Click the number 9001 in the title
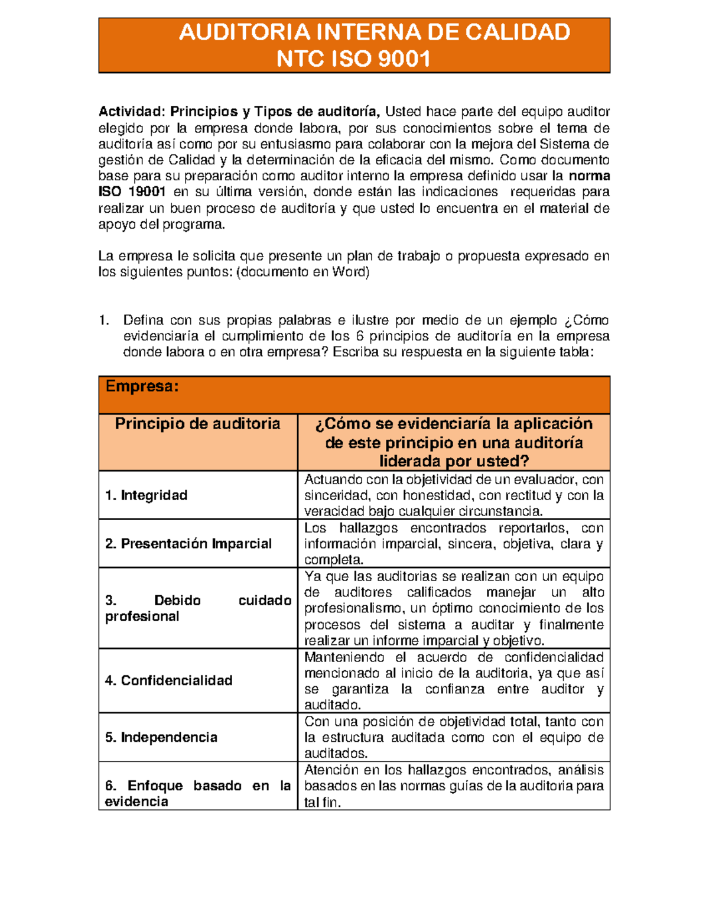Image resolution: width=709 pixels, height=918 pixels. tap(404, 59)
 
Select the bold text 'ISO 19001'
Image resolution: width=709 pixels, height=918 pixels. tap(132, 192)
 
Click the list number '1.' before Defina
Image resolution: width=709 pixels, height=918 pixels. tap(104, 320)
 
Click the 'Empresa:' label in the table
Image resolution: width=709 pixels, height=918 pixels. tap(142, 387)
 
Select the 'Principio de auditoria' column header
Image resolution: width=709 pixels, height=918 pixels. tap(197, 424)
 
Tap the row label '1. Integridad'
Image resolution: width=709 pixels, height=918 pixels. tap(146, 495)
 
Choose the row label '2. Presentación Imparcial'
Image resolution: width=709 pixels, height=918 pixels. tap(188, 544)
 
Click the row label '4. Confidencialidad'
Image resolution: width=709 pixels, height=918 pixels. tap(168, 680)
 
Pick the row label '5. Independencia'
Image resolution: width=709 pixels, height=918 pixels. tap(161, 737)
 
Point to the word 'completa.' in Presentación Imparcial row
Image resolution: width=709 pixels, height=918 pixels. tap(333, 560)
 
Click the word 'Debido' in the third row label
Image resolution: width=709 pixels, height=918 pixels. tap(177, 601)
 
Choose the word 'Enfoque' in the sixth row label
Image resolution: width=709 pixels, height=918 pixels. tap(155, 786)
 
